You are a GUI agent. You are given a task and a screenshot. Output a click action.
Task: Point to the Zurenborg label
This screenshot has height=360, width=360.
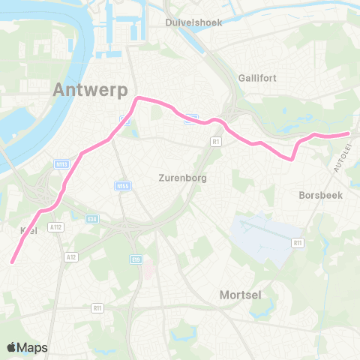(x=182, y=178)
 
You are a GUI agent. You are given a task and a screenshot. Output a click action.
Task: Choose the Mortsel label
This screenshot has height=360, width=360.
(x=240, y=295)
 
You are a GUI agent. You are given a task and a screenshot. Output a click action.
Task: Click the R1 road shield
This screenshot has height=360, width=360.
(x=215, y=141)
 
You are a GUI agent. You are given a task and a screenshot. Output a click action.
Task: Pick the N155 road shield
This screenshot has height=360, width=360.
(x=121, y=185)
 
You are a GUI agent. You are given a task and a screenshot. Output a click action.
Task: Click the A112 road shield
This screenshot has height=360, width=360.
(x=55, y=226)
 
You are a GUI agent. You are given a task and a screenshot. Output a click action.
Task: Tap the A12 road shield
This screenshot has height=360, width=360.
(x=71, y=256)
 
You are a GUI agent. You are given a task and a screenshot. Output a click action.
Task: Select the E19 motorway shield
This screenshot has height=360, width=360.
(x=136, y=259)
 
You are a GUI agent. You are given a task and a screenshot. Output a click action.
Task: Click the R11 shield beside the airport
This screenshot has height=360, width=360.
(x=298, y=243)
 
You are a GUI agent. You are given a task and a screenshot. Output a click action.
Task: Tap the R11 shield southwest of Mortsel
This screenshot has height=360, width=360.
(x=97, y=307)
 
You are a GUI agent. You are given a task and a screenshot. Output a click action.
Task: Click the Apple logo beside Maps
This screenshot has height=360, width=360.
(x=11, y=347)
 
